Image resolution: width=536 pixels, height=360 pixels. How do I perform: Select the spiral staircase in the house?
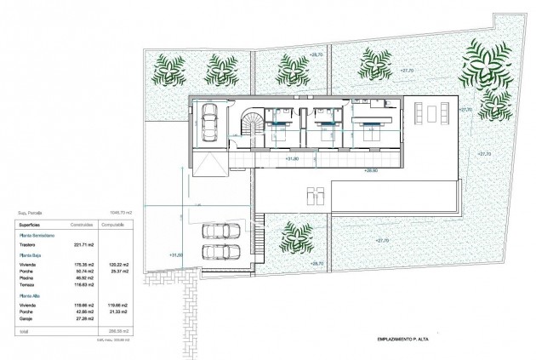coord(253,127)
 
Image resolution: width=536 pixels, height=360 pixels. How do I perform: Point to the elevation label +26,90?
coord(371,170)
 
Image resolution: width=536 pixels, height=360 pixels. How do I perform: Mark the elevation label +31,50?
coord(176,254)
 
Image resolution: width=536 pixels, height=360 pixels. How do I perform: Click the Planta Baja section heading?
coord(31,254)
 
